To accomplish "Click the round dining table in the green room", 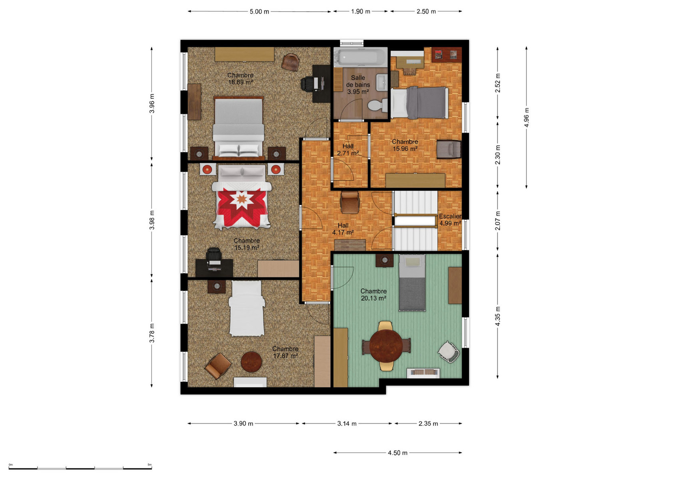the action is coord(386,346).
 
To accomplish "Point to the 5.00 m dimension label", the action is coord(259,12).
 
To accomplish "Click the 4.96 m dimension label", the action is coord(526,118).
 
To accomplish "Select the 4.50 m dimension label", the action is coord(398,453).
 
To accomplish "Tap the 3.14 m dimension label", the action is coord(347,423).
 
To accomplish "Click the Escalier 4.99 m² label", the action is coord(451,220).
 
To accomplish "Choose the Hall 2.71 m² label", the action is coord(348,150).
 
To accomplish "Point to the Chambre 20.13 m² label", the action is coord(373,295).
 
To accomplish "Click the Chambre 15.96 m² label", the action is coord(405,145).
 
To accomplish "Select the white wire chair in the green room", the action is coord(449,352).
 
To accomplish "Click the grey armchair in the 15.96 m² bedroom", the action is coord(449,149).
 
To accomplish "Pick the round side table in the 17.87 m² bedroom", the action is coord(251,362).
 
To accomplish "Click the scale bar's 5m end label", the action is coord(150,464).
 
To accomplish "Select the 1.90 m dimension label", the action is coord(361,12).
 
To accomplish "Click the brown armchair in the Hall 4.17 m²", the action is coord(350,202).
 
